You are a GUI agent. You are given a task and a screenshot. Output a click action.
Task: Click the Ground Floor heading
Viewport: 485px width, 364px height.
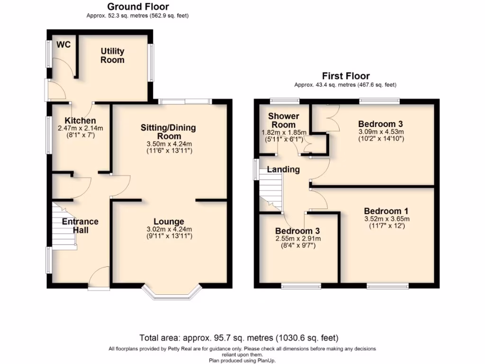(x=138, y=7)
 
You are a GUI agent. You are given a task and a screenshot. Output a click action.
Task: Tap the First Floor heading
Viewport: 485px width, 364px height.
(x=346, y=76)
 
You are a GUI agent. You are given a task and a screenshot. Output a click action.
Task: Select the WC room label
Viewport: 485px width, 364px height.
(x=63, y=45)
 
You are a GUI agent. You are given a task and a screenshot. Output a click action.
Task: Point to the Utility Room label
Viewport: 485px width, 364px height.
(x=112, y=55)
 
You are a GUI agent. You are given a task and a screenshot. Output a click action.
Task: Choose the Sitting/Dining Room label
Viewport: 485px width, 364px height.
(x=168, y=132)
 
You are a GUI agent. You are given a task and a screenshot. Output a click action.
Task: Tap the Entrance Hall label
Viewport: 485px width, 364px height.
(x=80, y=226)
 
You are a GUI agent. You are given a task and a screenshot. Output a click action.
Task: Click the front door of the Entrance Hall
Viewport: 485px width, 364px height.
(x=99, y=280)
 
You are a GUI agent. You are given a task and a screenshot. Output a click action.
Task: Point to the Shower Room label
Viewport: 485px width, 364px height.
(x=283, y=120)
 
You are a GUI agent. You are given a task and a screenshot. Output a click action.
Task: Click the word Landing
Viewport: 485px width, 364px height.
(x=283, y=169)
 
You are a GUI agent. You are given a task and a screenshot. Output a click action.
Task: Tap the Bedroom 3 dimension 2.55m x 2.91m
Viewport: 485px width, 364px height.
(x=297, y=238)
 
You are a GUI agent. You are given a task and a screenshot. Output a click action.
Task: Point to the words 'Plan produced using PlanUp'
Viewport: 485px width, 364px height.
(x=242, y=360)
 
